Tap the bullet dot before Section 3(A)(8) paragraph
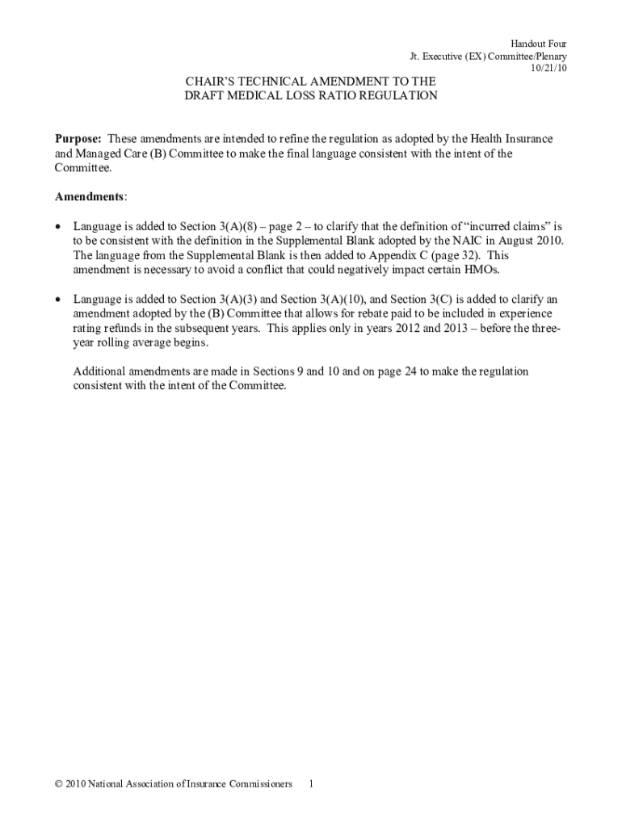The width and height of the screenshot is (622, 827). click(57, 227)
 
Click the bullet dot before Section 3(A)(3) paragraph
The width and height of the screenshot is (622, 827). click(57, 300)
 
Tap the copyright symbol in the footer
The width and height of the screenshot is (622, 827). click(58, 784)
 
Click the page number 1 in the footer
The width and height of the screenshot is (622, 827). click(311, 784)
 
